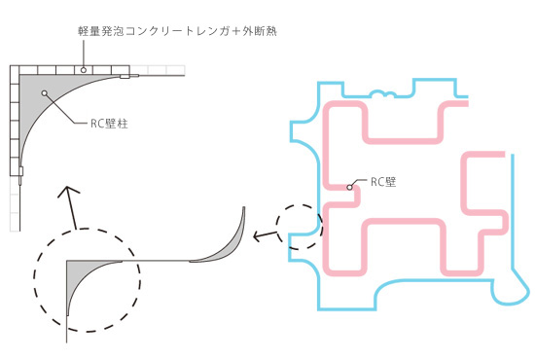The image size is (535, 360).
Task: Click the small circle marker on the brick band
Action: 85,69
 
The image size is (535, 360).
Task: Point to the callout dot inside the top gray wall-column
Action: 46,92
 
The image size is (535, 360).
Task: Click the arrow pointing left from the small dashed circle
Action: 263,234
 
